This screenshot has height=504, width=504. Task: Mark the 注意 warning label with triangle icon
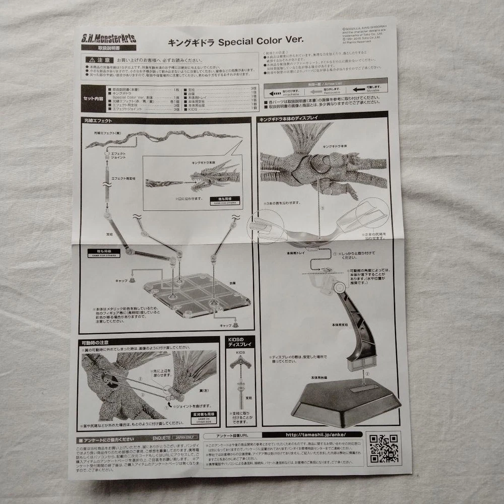tap(99, 59)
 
